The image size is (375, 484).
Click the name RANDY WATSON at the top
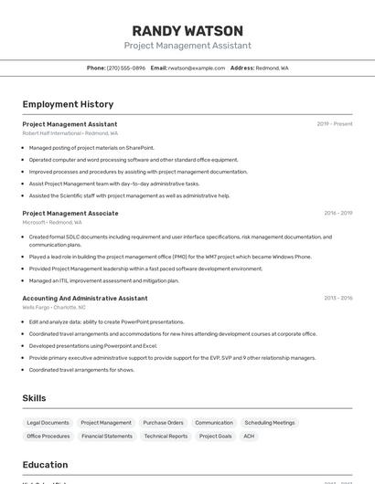pyautogui.click(x=187, y=31)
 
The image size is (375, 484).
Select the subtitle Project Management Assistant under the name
pyautogui.click(x=187, y=46)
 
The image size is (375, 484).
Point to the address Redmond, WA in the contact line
pyautogui.click(x=272, y=68)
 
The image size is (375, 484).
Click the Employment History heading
pyautogui.click(x=68, y=104)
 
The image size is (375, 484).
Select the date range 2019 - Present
pyautogui.click(x=335, y=124)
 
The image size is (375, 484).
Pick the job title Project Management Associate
pyautogui.click(x=70, y=213)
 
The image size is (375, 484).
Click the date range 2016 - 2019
pyautogui.click(x=338, y=213)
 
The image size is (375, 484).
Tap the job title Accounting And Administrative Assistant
pyautogui.click(x=84, y=298)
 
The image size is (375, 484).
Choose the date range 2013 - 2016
pyautogui.click(x=338, y=298)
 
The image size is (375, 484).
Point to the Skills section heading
pyautogui.click(x=34, y=398)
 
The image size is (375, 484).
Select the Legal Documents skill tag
pyautogui.click(x=48, y=423)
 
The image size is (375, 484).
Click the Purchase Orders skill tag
pyautogui.click(x=163, y=423)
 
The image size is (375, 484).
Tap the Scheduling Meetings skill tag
pyautogui.click(x=270, y=423)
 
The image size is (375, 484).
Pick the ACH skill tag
pyautogui.click(x=249, y=437)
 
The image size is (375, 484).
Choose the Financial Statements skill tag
pyautogui.click(x=107, y=437)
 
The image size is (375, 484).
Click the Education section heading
pyautogui.click(x=45, y=465)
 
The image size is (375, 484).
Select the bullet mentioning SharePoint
pyautogui.click(x=91, y=147)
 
